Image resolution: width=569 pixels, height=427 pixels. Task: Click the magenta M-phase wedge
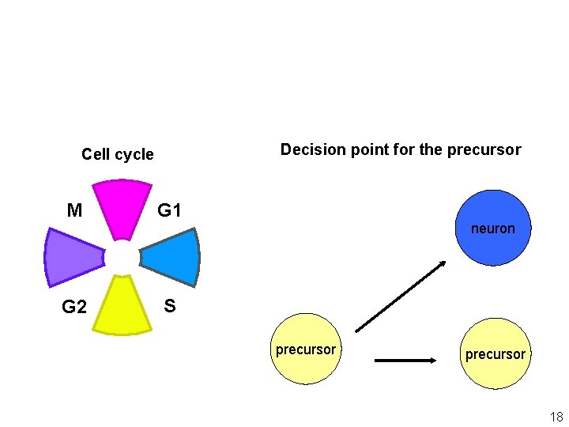click(122, 207)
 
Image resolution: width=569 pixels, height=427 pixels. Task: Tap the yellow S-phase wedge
click(122, 307)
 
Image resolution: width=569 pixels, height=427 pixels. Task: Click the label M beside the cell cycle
click(74, 210)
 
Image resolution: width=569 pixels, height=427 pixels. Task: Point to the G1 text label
click(169, 210)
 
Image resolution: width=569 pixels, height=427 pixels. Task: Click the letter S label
click(169, 306)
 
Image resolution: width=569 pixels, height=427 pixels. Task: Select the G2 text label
click(74, 307)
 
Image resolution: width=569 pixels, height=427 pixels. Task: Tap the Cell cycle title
click(118, 154)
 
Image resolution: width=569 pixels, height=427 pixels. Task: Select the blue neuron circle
click(493, 228)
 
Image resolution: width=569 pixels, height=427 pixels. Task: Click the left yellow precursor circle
click(305, 350)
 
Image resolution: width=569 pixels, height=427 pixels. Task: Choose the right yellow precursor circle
click(495, 354)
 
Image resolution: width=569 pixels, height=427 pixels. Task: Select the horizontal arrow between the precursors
click(405, 361)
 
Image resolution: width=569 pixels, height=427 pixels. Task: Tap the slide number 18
click(556, 417)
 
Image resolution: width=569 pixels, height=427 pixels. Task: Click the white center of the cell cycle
click(122, 257)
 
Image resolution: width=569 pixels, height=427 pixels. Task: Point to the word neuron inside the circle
click(493, 229)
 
